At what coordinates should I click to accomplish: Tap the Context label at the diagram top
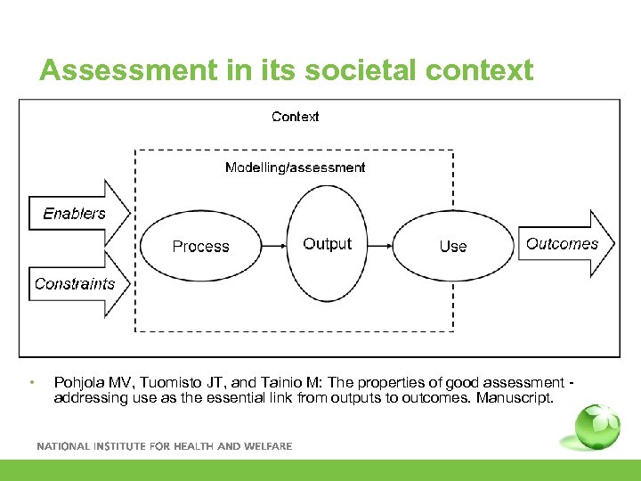tap(295, 117)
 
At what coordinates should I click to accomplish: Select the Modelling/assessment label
tap(295, 167)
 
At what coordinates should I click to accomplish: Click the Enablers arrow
tap(78, 214)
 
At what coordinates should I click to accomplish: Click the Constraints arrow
tap(78, 284)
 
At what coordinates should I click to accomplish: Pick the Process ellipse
tap(200, 247)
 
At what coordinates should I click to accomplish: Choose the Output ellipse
tap(327, 244)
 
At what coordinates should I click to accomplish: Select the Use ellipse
tap(452, 247)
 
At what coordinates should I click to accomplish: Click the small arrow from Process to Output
tap(275, 245)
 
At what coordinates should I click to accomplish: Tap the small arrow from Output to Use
tap(380, 245)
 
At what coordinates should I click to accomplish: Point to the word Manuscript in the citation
tap(514, 397)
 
